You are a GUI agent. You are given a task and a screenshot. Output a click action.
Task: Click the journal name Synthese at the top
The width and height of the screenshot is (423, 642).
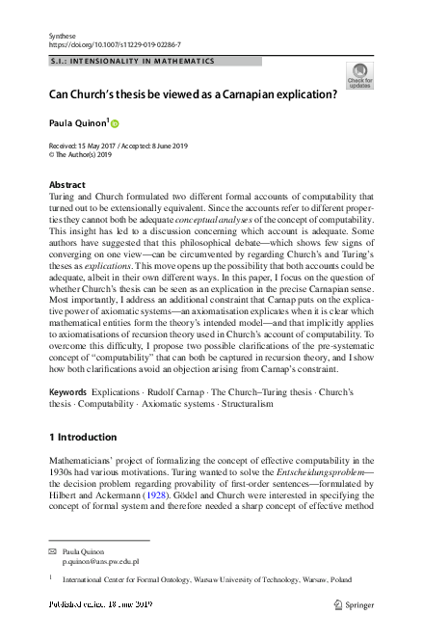pyautogui.click(x=63, y=36)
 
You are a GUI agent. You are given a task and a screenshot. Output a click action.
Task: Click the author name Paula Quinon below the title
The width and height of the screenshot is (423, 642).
pyautogui.click(x=77, y=123)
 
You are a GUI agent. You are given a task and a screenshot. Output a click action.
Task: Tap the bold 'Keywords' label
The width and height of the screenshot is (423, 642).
pyautogui.click(x=67, y=393)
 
